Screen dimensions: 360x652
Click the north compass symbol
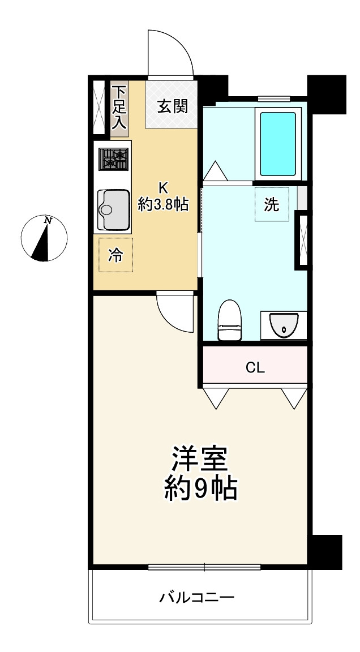[x=44, y=238]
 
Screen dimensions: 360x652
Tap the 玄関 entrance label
[x=173, y=107]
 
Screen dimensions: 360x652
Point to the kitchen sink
[x=113, y=209]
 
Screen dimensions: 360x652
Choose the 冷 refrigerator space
[x=115, y=255]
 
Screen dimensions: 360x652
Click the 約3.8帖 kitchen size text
[x=163, y=204]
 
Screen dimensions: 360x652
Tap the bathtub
[x=278, y=143]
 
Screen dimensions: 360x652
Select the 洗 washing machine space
[x=272, y=204]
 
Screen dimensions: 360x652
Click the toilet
[x=229, y=320]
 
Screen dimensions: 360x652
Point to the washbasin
[x=284, y=325]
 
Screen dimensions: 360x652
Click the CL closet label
[x=255, y=367]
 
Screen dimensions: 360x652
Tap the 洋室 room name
[x=200, y=459]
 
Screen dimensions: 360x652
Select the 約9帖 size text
[x=200, y=488]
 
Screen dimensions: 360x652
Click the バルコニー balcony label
[x=197, y=598]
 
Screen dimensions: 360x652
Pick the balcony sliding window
[x=204, y=567]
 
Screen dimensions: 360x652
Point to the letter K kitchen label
[x=163, y=188]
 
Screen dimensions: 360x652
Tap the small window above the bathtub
[x=273, y=98]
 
